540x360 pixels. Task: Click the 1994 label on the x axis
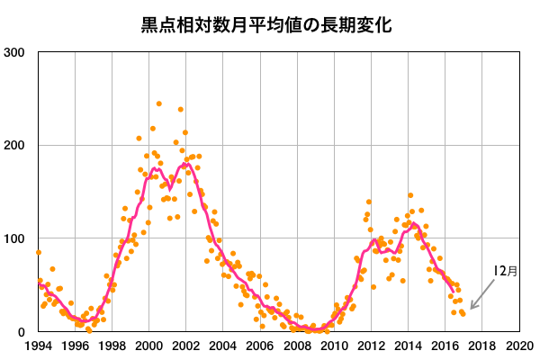(x=39, y=346)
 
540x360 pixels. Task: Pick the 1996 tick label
(x=76, y=346)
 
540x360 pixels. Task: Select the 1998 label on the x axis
(x=112, y=346)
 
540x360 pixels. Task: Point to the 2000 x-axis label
(x=149, y=346)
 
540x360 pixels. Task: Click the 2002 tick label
(x=186, y=346)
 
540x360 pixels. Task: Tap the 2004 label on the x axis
(x=223, y=346)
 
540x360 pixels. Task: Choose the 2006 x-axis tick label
(x=260, y=346)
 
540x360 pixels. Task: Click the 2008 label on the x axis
(x=297, y=346)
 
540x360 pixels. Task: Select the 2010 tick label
(x=334, y=346)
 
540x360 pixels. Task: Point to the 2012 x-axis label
(x=371, y=346)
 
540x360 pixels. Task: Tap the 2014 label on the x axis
(x=408, y=346)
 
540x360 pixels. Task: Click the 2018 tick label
(x=481, y=346)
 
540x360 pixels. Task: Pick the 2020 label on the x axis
(x=518, y=346)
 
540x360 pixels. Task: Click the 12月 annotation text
(x=506, y=270)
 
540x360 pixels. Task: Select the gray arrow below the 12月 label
(x=483, y=294)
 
